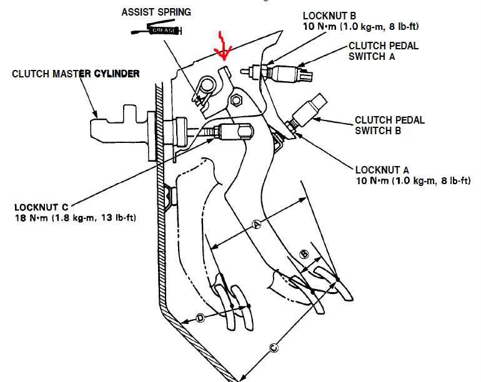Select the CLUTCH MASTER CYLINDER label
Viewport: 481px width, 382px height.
76,74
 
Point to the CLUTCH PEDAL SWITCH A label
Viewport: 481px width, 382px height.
384,51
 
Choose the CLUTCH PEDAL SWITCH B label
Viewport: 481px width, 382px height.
390,125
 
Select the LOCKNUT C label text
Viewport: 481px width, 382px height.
39,207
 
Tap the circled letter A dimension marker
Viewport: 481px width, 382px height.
255,223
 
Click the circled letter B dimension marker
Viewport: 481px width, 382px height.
305,253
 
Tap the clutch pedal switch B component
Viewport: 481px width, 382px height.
311,110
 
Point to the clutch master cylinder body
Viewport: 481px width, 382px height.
125,128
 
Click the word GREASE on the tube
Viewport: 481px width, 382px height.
165,30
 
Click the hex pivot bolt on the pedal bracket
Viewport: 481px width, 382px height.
237,100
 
